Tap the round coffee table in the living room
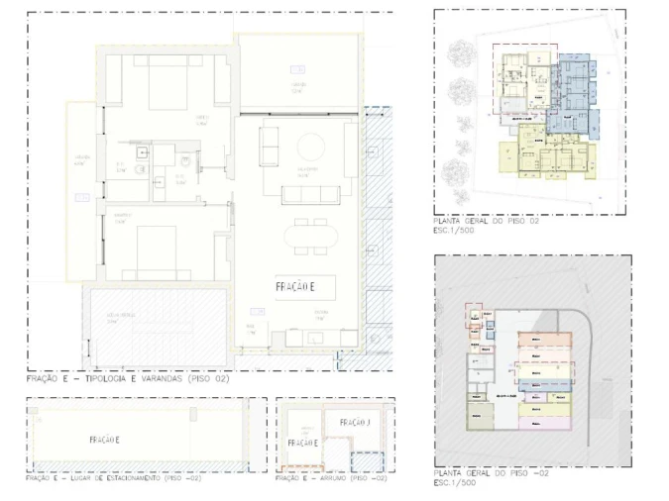[x=311, y=149]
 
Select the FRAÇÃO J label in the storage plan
[x=354, y=423]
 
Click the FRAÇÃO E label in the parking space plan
[x=104, y=440]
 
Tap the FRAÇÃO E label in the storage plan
[x=301, y=443]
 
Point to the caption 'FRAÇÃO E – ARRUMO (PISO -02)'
[x=330, y=479]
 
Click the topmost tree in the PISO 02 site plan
[x=461, y=51]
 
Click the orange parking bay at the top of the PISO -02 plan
[x=543, y=339]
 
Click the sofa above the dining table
[x=310, y=193]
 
